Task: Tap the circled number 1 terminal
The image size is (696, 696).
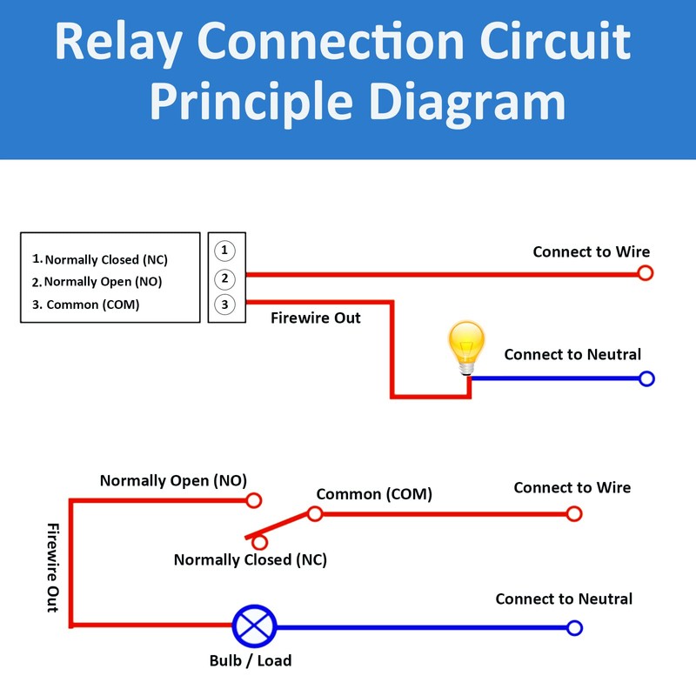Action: tap(224, 251)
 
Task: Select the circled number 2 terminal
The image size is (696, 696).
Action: tap(224, 278)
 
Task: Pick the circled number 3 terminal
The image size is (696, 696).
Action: tap(224, 304)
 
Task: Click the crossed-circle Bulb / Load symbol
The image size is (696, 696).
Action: tap(254, 626)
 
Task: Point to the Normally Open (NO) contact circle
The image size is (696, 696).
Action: tap(254, 500)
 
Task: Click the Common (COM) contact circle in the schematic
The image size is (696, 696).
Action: tap(315, 513)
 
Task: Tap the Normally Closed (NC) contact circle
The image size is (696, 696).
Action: tap(259, 542)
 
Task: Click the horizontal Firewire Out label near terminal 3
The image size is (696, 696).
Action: tap(315, 318)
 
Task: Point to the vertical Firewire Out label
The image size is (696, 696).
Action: tap(52, 567)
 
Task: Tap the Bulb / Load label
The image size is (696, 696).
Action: tap(251, 660)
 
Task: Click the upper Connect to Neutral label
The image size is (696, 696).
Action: tap(572, 354)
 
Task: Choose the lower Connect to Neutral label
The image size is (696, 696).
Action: tap(564, 599)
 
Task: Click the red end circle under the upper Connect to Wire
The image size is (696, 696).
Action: tap(645, 273)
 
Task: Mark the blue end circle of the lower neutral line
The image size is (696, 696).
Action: tap(573, 627)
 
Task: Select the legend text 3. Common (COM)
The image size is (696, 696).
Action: tap(86, 304)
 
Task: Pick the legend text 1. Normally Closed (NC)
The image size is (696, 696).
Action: tap(100, 259)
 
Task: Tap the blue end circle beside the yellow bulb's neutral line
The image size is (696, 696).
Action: tap(646, 378)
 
